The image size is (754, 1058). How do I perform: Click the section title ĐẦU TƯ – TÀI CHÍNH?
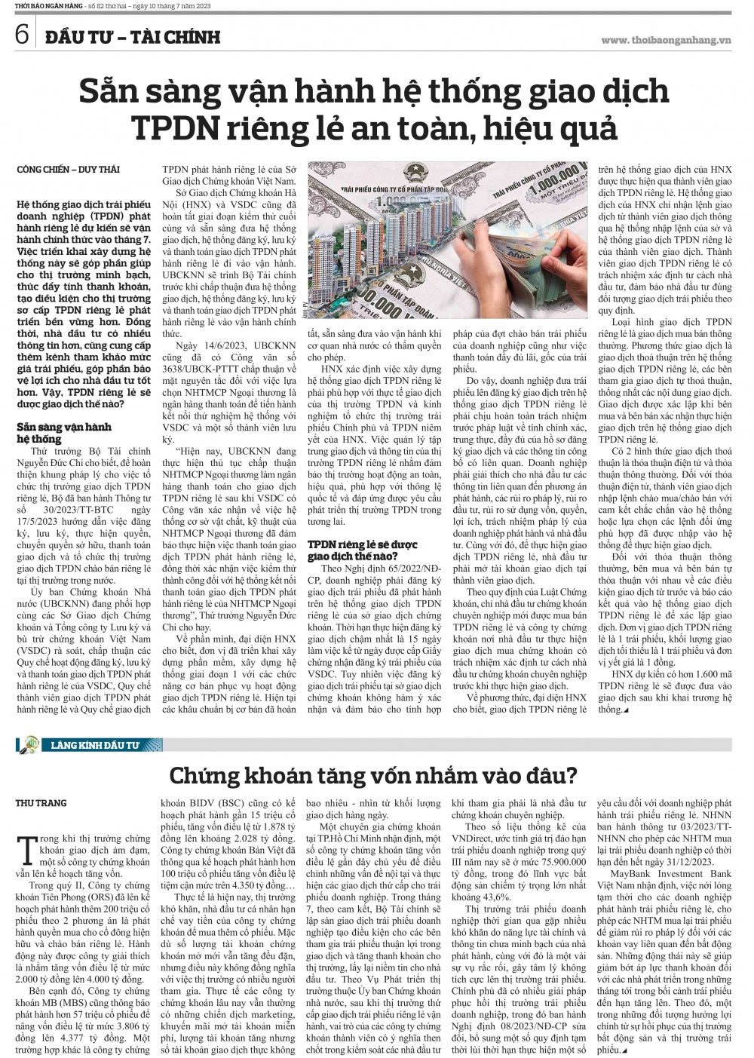click(x=131, y=35)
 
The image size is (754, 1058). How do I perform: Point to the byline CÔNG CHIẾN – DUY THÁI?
click(x=68, y=170)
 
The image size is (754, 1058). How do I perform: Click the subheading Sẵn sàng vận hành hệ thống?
click(x=63, y=432)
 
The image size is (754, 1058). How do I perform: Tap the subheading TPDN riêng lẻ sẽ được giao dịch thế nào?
click(x=362, y=550)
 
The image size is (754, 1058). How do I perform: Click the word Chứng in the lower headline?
click(x=204, y=774)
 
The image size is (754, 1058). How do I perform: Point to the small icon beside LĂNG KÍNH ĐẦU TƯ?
click(x=32, y=745)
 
